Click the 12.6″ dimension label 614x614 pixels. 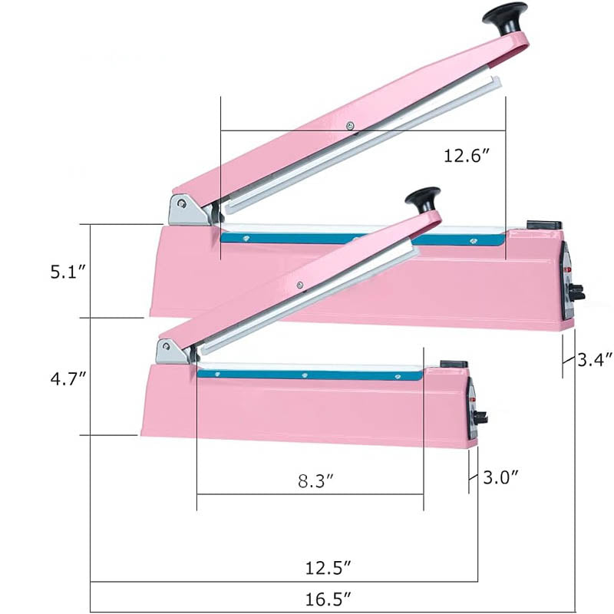467,156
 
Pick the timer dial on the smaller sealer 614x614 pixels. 480,418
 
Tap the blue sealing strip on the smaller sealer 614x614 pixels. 307,375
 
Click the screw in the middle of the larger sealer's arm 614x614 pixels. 350,126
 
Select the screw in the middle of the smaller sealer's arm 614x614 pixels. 299,286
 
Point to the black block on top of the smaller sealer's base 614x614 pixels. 454,364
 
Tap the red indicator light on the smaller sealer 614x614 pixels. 473,401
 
